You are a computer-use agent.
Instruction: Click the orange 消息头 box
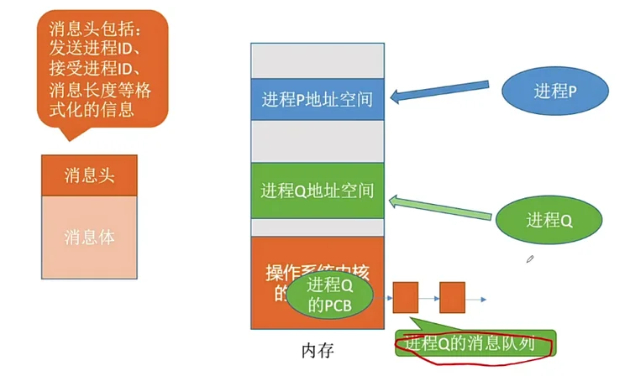pyautogui.click(x=89, y=175)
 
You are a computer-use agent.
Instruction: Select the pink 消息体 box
pyautogui.click(x=89, y=238)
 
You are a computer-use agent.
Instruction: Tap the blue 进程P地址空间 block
pyautogui.click(x=317, y=100)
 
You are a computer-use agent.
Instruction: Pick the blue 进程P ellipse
pyautogui.click(x=554, y=91)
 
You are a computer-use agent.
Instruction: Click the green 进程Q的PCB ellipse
pyautogui.click(x=329, y=295)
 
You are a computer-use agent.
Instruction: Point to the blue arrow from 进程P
pyautogui.click(x=445, y=98)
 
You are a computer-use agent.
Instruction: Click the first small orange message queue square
pyautogui.click(x=406, y=298)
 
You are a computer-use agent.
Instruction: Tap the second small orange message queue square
pyautogui.click(x=453, y=298)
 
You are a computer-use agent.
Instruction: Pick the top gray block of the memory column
pyautogui.click(x=317, y=59)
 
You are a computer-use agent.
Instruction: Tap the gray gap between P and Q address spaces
pyautogui.click(x=317, y=141)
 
